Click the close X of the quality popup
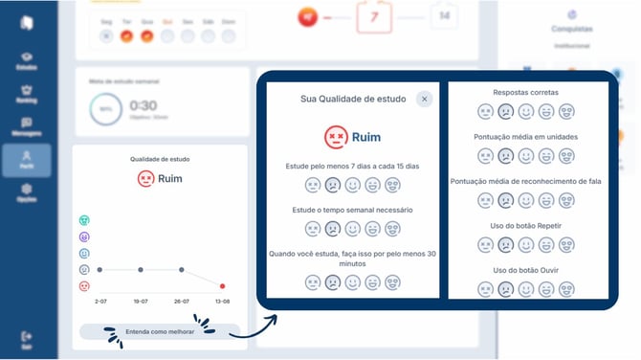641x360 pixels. [x=423, y=98]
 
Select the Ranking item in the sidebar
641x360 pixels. [x=26, y=94]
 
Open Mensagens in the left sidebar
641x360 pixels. [x=26, y=125]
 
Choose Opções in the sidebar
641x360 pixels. [x=26, y=191]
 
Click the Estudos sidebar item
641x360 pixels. [x=26, y=60]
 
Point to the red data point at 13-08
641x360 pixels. [x=223, y=285]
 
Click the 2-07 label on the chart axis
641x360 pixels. [x=99, y=301]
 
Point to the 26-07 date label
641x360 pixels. [x=181, y=301]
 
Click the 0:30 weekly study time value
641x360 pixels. [x=144, y=105]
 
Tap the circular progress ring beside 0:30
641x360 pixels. [x=104, y=111]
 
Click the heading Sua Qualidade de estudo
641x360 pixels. [x=353, y=98]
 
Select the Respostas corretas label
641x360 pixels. [x=525, y=93]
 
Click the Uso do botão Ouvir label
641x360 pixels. [x=525, y=269]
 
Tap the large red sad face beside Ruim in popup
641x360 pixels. [x=335, y=137]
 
